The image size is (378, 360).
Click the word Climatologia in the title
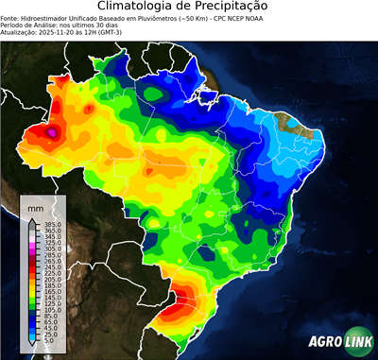(134, 7)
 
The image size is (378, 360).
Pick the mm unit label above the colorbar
(35, 206)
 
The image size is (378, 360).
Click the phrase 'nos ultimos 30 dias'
(80, 24)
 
